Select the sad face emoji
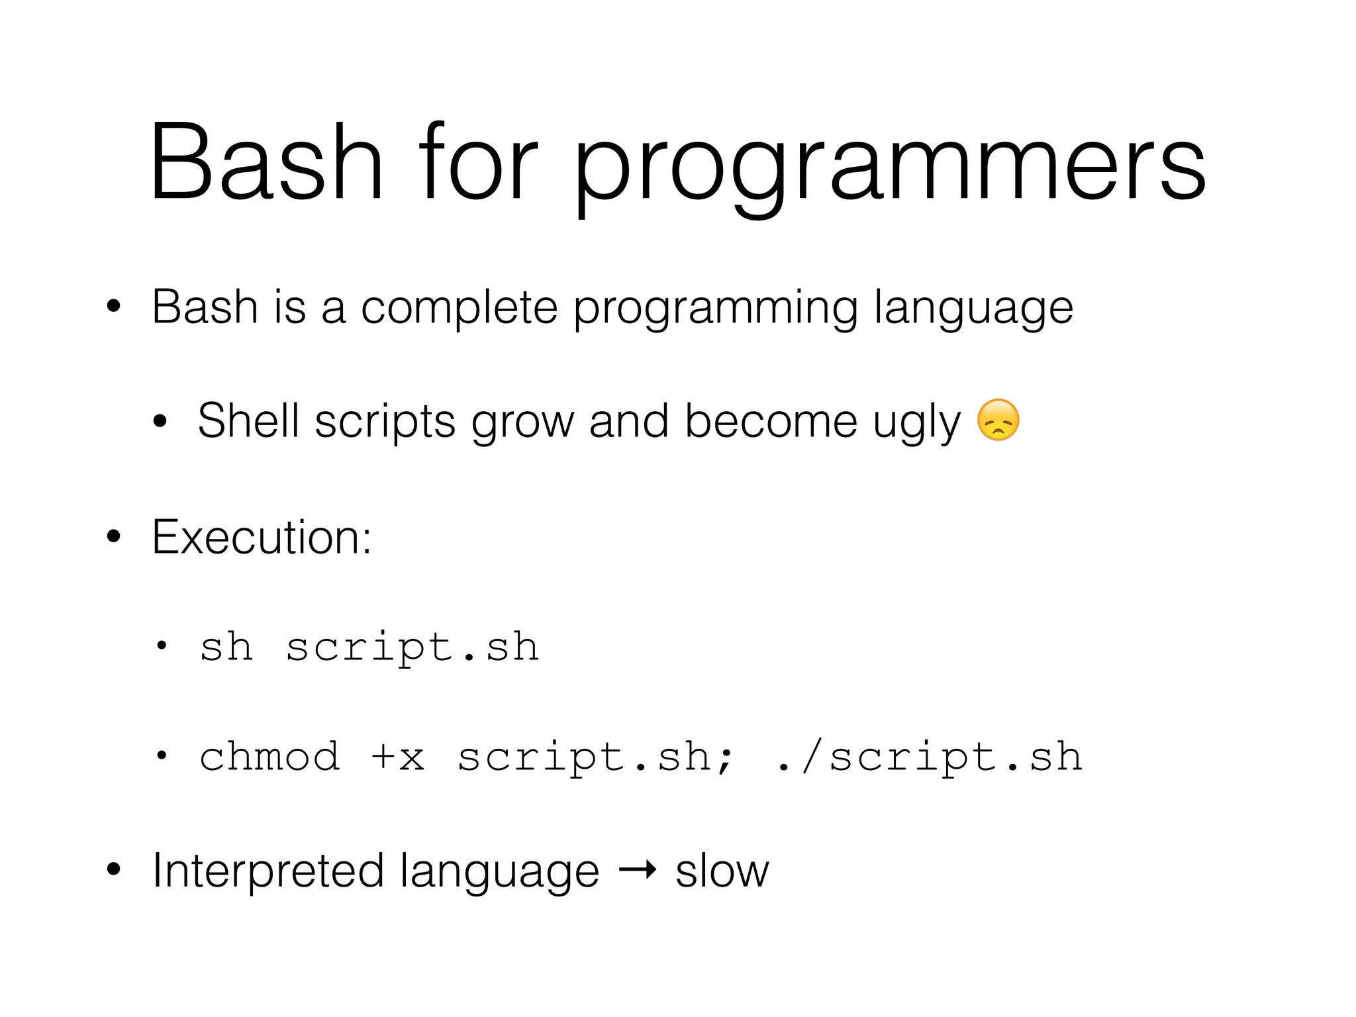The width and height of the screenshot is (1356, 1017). (998, 420)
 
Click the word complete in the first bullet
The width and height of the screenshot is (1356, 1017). (459, 309)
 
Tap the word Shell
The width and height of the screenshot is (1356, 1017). (248, 421)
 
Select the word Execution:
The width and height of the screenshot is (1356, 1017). (262, 537)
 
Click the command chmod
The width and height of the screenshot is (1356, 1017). (269, 757)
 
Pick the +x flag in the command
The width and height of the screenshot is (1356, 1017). (398, 757)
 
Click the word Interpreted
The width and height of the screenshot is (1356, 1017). (268, 871)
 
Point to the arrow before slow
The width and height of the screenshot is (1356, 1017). (637, 869)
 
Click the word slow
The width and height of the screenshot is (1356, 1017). (722, 871)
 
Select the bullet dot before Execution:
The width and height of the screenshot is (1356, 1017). (114, 538)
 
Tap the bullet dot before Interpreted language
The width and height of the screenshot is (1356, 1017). (114, 870)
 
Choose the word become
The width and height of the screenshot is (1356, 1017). (771, 421)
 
